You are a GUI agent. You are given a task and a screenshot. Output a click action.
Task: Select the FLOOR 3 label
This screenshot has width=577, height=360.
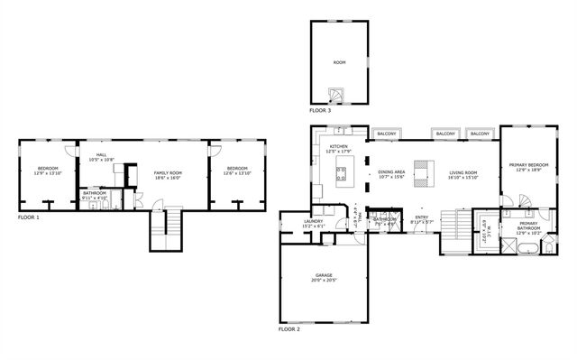click(320, 110)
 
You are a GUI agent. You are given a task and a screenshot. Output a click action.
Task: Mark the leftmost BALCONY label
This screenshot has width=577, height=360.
click(386, 134)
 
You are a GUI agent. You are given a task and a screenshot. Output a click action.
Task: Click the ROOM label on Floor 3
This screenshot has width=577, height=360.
click(339, 62)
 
